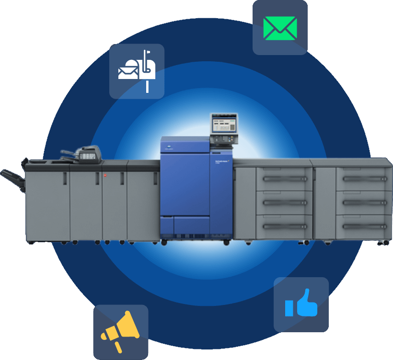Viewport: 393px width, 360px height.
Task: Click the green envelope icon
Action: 280,28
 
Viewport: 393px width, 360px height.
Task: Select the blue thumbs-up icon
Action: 301,305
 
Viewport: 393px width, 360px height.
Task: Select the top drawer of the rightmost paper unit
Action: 364,179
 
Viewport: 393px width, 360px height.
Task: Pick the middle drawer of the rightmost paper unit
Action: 364,202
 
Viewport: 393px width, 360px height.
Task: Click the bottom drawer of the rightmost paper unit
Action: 364,226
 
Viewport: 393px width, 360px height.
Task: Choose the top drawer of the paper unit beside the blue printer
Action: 284,179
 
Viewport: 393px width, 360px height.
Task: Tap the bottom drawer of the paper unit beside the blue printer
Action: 284,226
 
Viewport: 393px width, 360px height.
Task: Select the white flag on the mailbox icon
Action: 150,53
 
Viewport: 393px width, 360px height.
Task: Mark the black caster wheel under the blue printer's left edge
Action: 164,243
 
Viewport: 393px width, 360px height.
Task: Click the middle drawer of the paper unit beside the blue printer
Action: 284,202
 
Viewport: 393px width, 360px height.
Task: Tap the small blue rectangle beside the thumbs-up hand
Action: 289,308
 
